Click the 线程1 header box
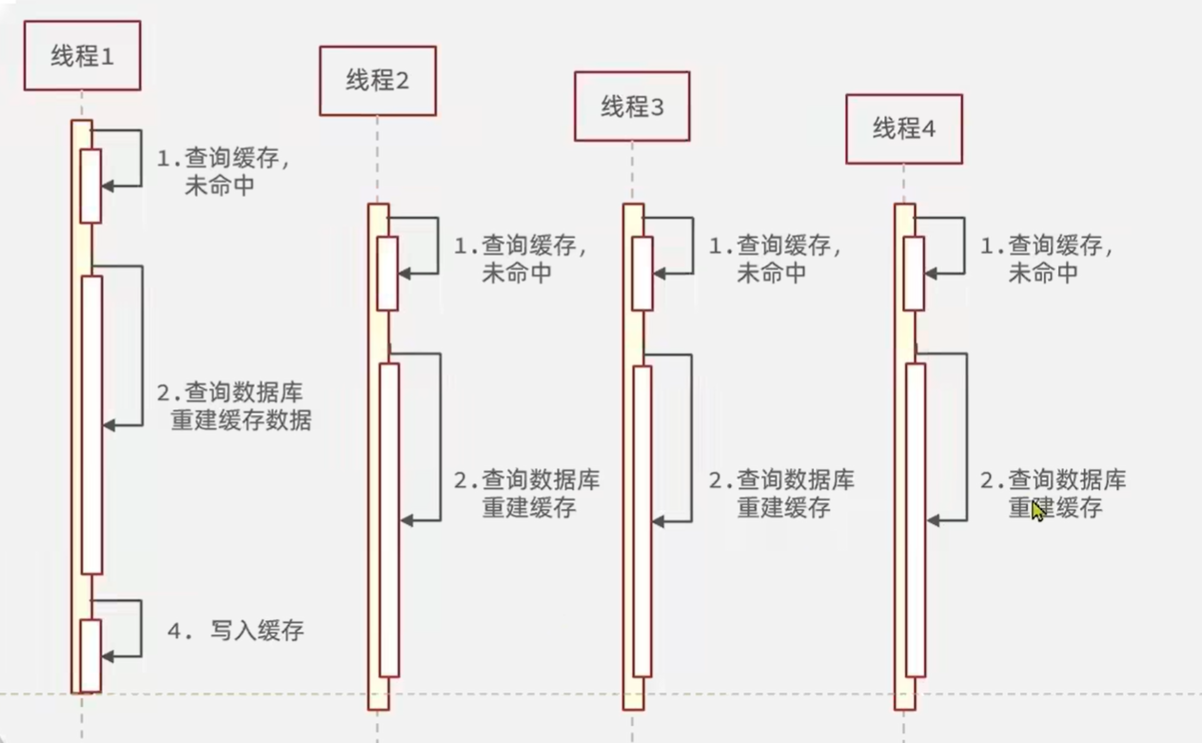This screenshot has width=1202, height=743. [82, 56]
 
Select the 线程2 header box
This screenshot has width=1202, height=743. [377, 81]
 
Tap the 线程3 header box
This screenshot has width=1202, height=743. [631, 107]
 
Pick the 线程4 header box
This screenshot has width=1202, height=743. [904, 128]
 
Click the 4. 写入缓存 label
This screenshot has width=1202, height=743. [236, 630]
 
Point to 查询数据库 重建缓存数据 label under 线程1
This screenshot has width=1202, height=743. [235, 406]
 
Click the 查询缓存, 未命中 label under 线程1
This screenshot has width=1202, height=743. [225, 172]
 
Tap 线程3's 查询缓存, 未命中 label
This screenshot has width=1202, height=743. [775, 260]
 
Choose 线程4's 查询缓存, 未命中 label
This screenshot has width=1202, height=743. [1047, 260]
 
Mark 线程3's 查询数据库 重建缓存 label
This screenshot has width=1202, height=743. [781, 493]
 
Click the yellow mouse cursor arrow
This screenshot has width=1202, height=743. [1037, 511]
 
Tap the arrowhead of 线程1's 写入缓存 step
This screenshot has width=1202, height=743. [107, 656]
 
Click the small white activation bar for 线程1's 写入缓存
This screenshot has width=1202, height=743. [90, 655]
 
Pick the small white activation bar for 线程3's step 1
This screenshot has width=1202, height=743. [642, 273]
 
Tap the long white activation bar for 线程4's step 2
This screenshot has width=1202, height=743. [915, 519]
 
